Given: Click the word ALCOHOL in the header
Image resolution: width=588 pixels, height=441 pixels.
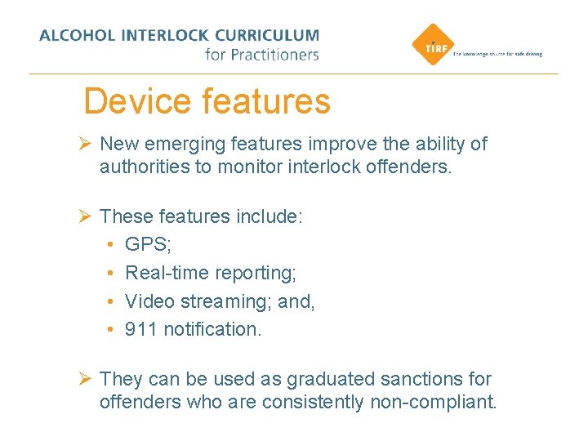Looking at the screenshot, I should point(78,36).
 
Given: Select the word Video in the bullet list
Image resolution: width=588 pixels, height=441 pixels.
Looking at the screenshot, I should point(147,301).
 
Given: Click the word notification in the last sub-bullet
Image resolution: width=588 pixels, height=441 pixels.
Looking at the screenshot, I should point(212,329).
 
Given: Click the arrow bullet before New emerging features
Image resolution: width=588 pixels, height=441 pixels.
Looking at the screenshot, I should point(84,145).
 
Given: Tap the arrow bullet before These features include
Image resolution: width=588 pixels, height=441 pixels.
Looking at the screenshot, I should point(84,216).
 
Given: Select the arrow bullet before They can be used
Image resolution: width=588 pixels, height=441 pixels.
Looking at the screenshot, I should point(84,379).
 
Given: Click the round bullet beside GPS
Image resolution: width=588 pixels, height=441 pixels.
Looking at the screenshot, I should point(109,245).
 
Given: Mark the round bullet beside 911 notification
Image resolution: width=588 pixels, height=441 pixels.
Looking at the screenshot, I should point(109,330).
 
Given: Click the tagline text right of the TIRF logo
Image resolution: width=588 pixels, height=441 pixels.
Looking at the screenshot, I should point(497,54).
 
